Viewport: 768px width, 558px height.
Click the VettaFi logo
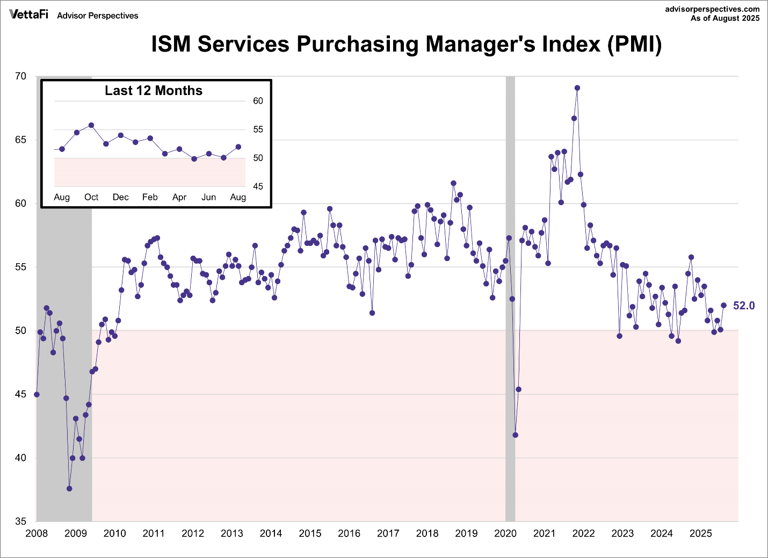point(28,15)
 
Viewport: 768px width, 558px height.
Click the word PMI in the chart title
point(634,44)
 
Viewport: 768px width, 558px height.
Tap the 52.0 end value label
point(744,306)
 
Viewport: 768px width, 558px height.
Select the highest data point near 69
point(577,88)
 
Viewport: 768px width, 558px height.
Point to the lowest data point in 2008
point(69,489)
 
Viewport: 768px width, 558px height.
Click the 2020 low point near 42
point(516,435)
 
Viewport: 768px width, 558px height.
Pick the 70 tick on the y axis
point(20,76)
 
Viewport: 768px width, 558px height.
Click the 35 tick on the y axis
point(20,521)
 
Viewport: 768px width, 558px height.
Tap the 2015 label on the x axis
point(310,533)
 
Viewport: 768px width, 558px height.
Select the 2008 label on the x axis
point(37,533)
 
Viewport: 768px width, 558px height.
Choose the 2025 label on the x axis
point(700,533)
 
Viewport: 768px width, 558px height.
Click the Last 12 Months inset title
point(154,91)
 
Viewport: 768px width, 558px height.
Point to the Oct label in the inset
point(91,197)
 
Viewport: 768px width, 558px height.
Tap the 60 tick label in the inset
point(258,101)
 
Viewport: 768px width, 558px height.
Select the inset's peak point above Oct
point(91,125)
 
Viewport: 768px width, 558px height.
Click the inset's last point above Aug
point(238,147)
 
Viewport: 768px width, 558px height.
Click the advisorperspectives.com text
point(712,9)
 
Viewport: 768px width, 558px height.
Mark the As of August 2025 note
point(725,18)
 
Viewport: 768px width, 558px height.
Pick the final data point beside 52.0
point(723,306)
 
